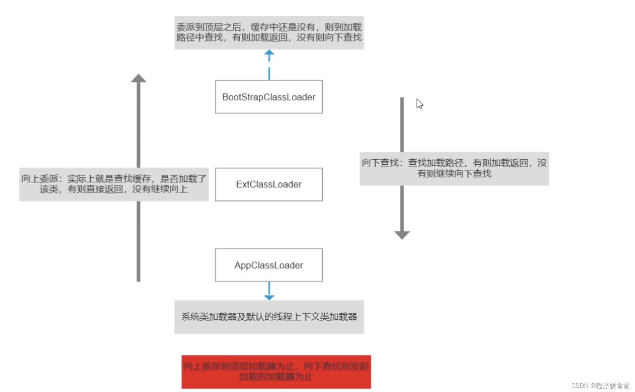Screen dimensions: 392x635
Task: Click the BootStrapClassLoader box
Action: (268, 97)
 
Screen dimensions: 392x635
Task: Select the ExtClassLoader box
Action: (268, 184)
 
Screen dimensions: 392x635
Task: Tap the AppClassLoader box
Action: (268, 265)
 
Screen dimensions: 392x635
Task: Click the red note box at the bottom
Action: (276, 372)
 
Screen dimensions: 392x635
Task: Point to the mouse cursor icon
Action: (419, 104)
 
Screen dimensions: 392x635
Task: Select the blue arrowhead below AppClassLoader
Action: (269, 297)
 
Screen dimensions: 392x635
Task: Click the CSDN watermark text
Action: (600, 386)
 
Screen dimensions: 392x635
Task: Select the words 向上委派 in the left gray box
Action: (40, 179)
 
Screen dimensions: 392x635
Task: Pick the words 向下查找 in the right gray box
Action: (380, 163)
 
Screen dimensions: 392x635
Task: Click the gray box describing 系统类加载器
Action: (269, 317)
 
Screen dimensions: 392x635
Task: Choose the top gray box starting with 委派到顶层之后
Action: (269, 32)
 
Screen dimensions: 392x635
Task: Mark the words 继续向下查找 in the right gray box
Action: (463, 174)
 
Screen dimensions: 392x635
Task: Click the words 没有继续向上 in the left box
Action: (160, 189)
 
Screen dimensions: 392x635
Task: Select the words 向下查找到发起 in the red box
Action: (336, 366)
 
